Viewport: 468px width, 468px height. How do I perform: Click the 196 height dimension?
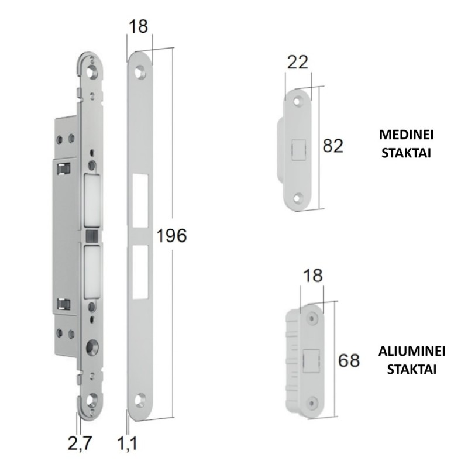[171, 236]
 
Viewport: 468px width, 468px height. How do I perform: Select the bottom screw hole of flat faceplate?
[140, 400]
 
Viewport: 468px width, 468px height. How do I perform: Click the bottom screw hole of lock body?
[92, 401]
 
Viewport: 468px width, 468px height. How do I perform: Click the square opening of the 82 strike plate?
[298, 148]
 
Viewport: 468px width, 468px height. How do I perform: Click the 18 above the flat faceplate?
[139, 26]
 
